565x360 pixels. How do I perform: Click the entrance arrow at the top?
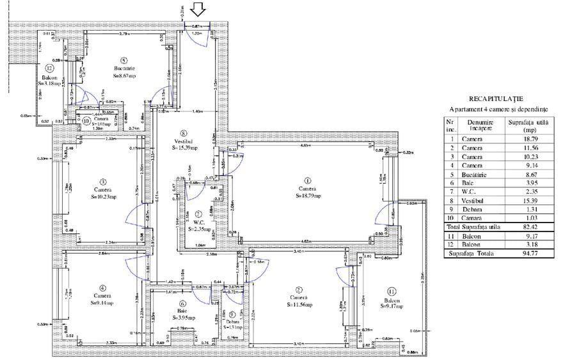click(x=198, y=9)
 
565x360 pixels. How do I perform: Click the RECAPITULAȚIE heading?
click(x=496, y=99)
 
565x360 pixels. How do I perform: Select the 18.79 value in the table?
click(x=529, y=138)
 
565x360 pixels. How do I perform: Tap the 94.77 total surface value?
click(x=529, y=253)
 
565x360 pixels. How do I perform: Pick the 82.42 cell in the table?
click(x=529, y=226)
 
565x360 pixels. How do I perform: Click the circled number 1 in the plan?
click(x=307, y=180)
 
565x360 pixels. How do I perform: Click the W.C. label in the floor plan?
click(x=198, y=221)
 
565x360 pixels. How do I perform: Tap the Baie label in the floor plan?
click(x=182, y=311)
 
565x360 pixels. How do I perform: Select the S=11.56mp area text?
click(x=299, y=305)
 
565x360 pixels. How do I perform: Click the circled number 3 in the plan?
click(x=102, y=180)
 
